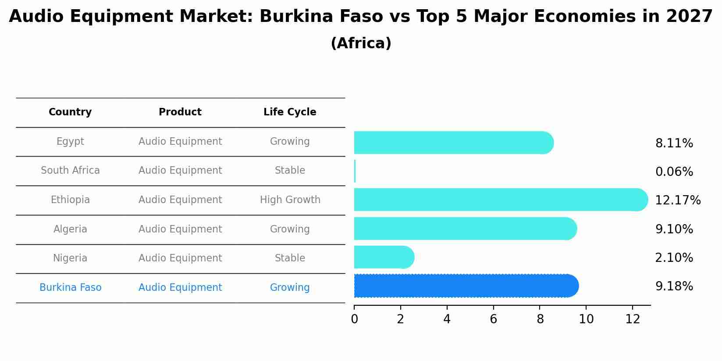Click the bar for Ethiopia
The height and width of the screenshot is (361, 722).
[x=500, y=200]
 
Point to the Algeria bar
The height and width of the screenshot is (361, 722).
[x=465, y=229]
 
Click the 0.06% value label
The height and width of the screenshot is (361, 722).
[x=674, y=172]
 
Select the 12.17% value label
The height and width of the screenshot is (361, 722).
[x=677, y=200]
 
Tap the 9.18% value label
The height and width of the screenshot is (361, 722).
[x=674, y=286]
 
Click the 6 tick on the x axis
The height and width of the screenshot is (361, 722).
[x=493, y=319]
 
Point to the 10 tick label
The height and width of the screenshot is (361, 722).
[x=586, y=319]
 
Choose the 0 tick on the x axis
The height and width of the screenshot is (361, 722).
[x=354, y=319]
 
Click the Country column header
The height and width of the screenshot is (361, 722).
[x=70, y=112]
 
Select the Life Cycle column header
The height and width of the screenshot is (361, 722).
[x=290, y=112]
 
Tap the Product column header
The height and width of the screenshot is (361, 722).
[x=180, y=112]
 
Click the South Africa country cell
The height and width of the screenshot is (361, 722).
[x=70, y=171]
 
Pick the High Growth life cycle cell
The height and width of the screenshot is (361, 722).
[x=290, y=200]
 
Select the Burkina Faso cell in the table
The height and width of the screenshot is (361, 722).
[x=70, y=288]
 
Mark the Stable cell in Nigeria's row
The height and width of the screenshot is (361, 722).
[x=290, y=258]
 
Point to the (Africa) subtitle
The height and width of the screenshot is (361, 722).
[x=361, y=43]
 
